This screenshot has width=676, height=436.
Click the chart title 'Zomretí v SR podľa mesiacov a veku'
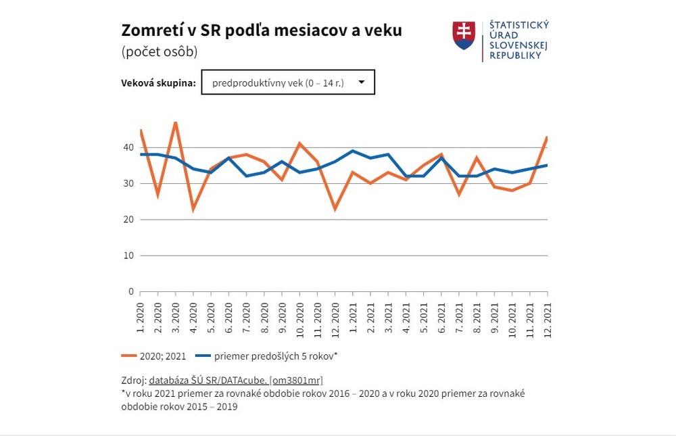(x=261, y=30)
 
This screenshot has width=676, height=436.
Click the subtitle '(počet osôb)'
(x=159, y=52)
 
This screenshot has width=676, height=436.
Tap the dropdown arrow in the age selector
(x=362, y=82)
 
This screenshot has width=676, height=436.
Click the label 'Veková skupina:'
(x=158, y=83)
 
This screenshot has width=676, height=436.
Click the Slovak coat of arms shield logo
(x=463, y=35)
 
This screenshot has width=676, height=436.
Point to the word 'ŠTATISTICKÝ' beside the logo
(x=519, y=26)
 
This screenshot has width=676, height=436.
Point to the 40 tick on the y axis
(x=128, y=147)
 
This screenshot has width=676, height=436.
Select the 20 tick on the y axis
(x=128, y=220)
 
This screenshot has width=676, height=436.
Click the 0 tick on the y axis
(x=130, y=292)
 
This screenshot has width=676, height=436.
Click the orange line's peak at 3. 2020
(x=176, y=122)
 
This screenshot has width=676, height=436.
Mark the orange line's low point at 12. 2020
(x=335, y=209)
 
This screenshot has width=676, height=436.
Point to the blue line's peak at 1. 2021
(x=353, y=151)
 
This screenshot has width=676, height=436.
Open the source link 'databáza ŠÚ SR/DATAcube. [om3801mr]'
(x=241, y=381)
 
